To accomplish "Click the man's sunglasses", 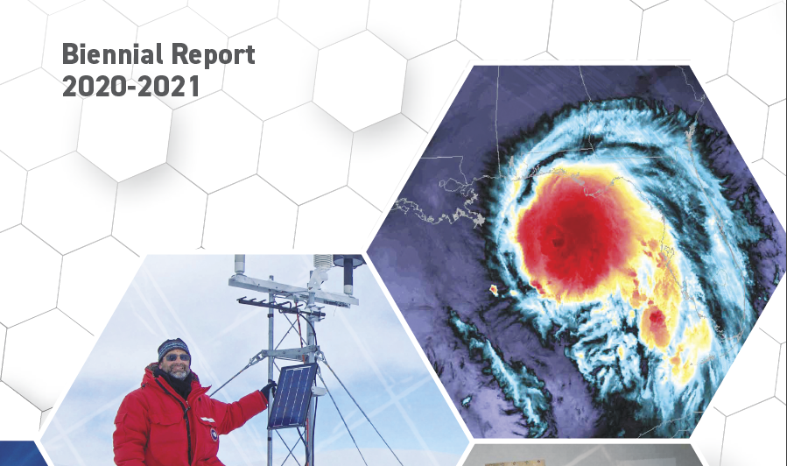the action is (x=178, y=357).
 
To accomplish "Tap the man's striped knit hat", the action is (x=173, y=348).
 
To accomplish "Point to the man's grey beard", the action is (x=179, y=372).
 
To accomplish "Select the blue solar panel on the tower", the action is (x=292, y=396).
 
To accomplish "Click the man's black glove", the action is (x=268, y=389).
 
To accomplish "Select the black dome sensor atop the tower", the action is (x=348, y=261).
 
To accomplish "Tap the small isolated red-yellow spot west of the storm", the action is (x=494, y=289).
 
